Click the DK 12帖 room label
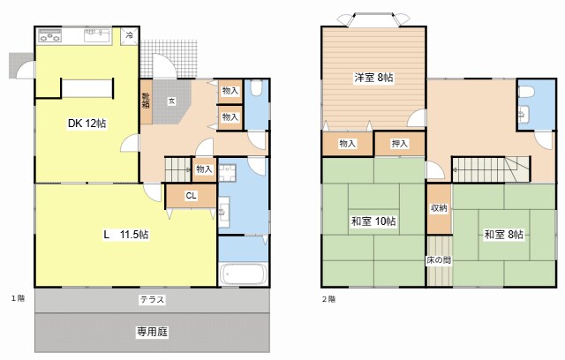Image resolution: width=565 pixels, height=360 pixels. point(87,124)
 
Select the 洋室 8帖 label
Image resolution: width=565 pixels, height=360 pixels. point(375,78)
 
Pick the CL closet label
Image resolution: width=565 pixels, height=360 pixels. point(192,197)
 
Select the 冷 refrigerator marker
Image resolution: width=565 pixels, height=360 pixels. point(129,36)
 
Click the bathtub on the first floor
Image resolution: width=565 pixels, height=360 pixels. point(242,274)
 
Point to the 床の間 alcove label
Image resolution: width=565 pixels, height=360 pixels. point(439,262)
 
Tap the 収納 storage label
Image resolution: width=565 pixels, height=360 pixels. point(439,207)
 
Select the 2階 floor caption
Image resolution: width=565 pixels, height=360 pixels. point(328,298)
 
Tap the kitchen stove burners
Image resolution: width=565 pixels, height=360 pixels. point(49,37)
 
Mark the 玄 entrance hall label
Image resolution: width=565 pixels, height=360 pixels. point(172,101)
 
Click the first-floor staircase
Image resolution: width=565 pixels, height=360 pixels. point(181,166)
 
